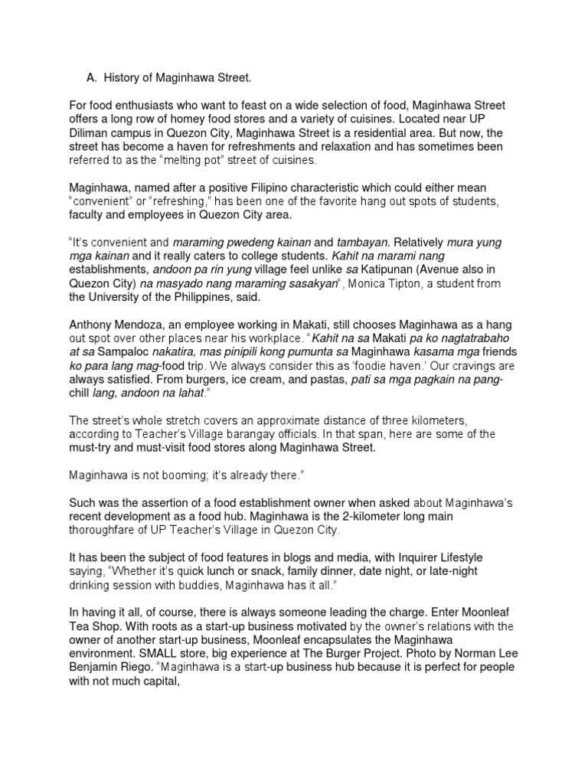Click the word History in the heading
click(127, 77)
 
